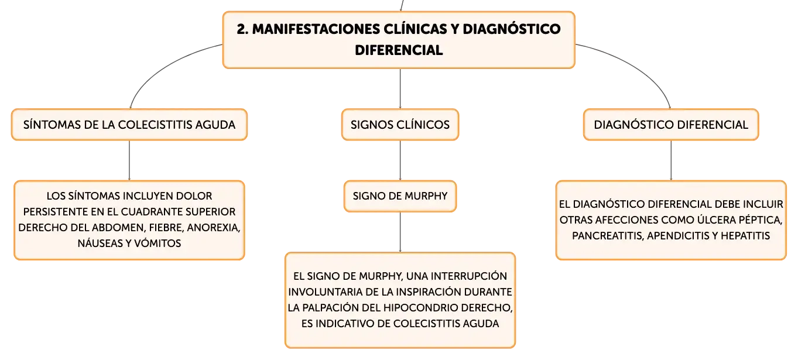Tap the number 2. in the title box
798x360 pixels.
click(242, 29)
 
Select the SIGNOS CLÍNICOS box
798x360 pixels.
click(400, 125)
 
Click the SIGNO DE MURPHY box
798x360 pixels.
click(400, 196)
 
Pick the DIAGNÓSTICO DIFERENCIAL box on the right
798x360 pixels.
click(671, 125)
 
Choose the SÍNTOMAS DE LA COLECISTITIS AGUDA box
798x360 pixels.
click(129, 125)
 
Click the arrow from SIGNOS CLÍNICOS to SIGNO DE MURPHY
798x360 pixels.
click(400, 160)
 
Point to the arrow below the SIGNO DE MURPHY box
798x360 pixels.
click(400, 232)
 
